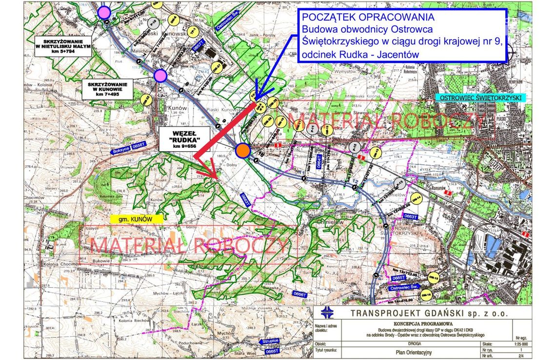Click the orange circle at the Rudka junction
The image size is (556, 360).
[x=242, y=151]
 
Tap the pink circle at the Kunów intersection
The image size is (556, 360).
[x=160, y=76]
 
